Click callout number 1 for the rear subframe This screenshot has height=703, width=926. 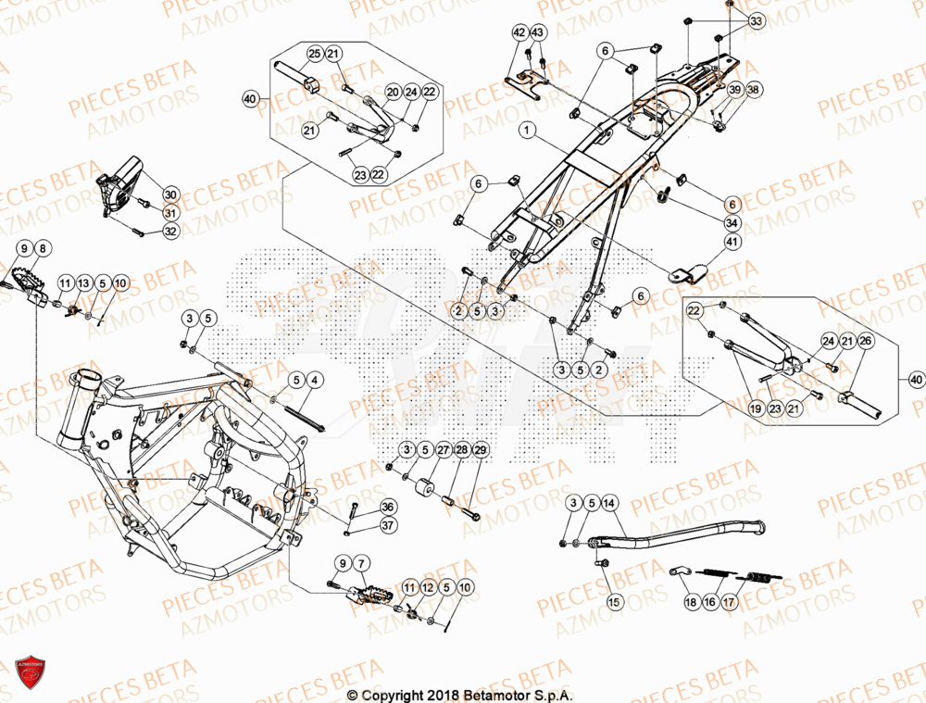tap(526, 132)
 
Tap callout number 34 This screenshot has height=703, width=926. tap(733, 222)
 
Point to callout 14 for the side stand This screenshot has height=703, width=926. tap(608, 503)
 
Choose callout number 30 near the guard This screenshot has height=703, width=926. tap(170, 195)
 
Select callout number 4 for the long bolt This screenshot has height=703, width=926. tap(314, 380)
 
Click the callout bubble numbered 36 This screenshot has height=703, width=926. tap(387, 507)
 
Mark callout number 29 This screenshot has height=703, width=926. tap(480, 450)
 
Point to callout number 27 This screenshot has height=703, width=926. tap(443, 450)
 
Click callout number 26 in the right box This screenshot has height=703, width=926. tap(865, 342)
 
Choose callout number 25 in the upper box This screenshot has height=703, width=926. tap(314, 53)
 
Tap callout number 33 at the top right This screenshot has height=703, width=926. tap(757, 20)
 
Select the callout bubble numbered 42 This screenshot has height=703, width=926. tap(519, 33)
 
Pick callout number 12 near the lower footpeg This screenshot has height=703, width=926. tap(427, 588)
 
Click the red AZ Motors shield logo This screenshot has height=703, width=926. tap(30, 672)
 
